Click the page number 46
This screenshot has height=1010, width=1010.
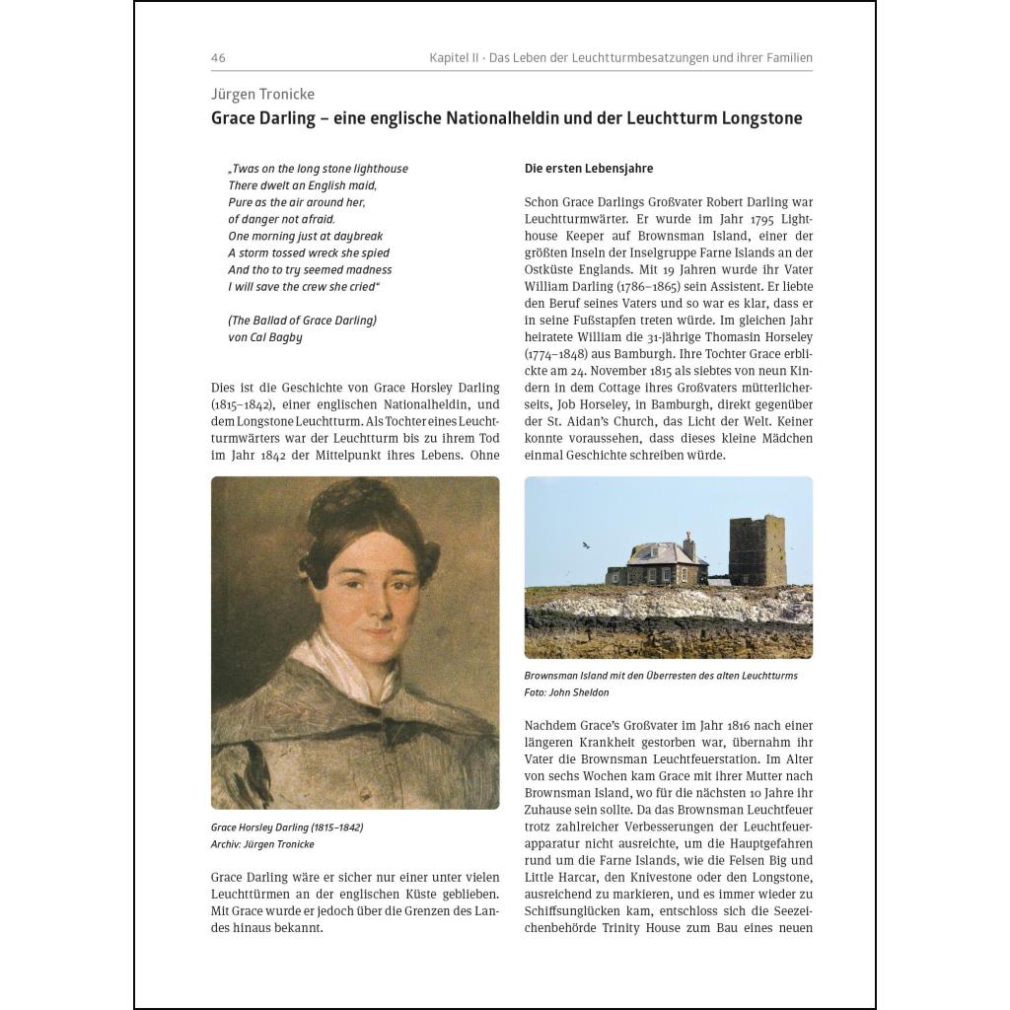tap(218, 58)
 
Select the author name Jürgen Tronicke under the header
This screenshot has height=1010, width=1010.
tap(262, 95)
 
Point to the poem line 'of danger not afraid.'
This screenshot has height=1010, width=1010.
tap(281, 219)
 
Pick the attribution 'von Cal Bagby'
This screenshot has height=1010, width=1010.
tap(265, 337)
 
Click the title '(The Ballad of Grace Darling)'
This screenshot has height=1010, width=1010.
tap(302, 321)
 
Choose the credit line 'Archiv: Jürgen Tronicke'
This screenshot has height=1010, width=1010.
tap(262, 844)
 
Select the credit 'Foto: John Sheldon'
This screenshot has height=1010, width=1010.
tap(566, 692)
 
